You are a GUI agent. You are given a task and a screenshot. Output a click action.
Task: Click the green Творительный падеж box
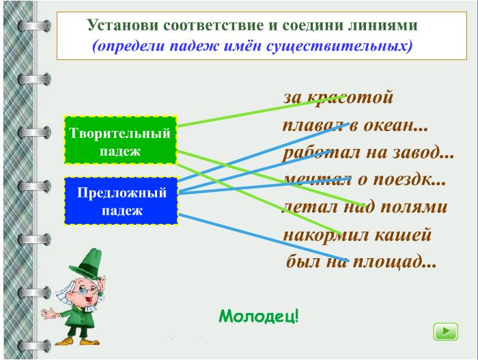click(121, 140)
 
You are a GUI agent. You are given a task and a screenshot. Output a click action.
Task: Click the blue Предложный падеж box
click(121, 201)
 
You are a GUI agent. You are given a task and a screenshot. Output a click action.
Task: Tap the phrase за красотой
click(339, 98)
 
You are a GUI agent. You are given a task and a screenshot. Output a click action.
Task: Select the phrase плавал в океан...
click(355, 126)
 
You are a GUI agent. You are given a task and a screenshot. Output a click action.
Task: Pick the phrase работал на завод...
click(368, 152)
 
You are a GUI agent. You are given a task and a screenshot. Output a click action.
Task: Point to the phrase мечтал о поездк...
click(365, 180)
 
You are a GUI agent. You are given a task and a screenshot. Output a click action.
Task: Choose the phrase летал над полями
click(365, 207)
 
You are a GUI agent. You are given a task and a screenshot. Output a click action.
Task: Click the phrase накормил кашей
click(357, 235)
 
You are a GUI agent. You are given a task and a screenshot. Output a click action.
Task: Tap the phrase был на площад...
click(361, 262)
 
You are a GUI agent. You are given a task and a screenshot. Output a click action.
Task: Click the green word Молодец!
click(259, 316)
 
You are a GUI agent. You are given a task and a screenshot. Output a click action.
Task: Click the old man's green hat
click(86, 265)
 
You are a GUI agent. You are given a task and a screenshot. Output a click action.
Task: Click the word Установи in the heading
click(123, 25)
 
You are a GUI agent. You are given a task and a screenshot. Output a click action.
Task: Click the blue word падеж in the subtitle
click(195, 46)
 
